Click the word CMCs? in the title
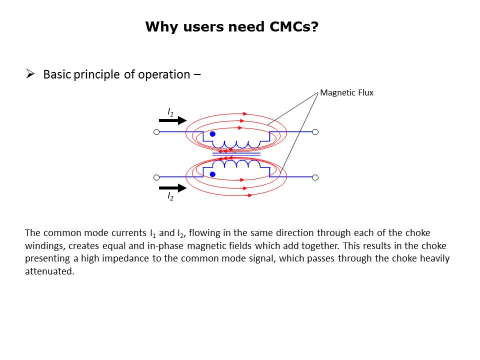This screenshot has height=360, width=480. click(x=294, y=26)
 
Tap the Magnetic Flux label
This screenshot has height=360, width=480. click(x=346, y=93)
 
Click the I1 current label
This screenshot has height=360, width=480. click(x=170, y=112)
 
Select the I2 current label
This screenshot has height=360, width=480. click(x=170, y=196)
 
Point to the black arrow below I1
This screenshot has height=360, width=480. click(x=172, y=120)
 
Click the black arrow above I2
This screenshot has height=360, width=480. click(x=172, y=188)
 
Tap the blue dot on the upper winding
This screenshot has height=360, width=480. click(x=212, y=134)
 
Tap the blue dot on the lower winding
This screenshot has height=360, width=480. click(x=212, y=174)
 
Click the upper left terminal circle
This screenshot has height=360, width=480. click(x=156, y=132)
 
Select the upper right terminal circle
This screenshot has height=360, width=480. click(x=315, y=132)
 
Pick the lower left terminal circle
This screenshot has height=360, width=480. click(x=156, y=177)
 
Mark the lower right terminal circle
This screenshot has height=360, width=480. click(x=315, y=177)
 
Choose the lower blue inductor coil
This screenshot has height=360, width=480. click(x=236, y=163)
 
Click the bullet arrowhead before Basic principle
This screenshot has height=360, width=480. click(x=30, y=74)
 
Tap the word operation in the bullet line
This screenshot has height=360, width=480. click(x=164, y=74)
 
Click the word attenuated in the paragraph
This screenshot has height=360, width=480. click(x=49, y=271)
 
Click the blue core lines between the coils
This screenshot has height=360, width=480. click(x=236, y=154)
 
